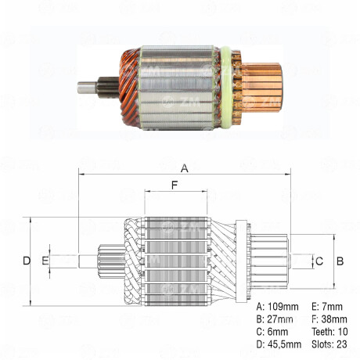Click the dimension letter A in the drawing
click(185, 167)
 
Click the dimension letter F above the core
click(175, 185)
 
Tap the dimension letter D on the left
click(26, 260)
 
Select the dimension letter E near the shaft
click(45, 260)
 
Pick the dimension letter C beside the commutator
click(319, 260)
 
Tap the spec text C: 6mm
click(272, 332)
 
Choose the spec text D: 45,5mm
click(279, 345)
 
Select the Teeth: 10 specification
click(329, 332)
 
